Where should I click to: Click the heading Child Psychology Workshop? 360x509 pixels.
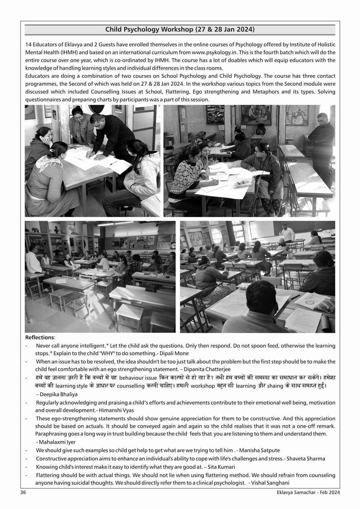pyautogui.click(x=180, y=30)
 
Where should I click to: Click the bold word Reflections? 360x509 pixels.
pyautogui.click(x=40, y=338)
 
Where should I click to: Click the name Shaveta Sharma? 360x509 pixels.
pyautogui.click(x=305, y=459)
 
